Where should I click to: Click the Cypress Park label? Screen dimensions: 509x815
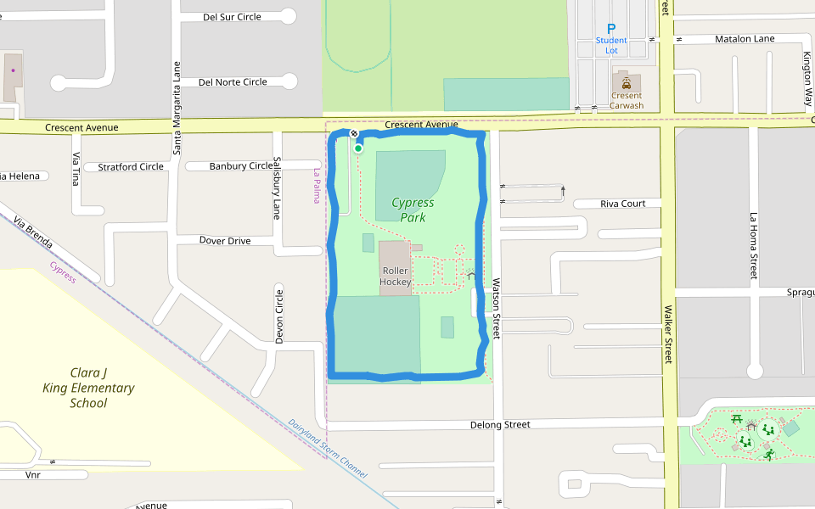coord(413,210)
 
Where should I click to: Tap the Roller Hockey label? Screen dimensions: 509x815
coord(396,277)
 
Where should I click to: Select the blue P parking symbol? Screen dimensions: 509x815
coord(611,29)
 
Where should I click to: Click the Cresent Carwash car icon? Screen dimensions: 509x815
coord(626,83)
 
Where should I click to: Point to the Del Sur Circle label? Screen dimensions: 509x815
coord(232,17)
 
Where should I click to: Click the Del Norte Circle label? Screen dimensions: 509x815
coord(232,82)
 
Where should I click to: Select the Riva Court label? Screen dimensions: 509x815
coord(622,204)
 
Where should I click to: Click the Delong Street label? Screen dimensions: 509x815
coord(500,424)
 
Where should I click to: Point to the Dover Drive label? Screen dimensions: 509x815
coord(225,241)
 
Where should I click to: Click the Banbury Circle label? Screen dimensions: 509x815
coord(241,166)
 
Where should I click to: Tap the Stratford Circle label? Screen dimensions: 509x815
coord(130,167)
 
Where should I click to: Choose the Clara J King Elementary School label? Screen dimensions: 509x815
coord(88,388)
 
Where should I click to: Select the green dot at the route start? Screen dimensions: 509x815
coord(358,148)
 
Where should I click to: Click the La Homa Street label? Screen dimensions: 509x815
coord(753,246)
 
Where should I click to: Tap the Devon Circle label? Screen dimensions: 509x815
coord(279,316)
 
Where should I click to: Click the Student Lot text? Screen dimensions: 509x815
coord(611,46)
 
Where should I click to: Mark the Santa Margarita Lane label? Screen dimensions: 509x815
coord(177,108)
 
